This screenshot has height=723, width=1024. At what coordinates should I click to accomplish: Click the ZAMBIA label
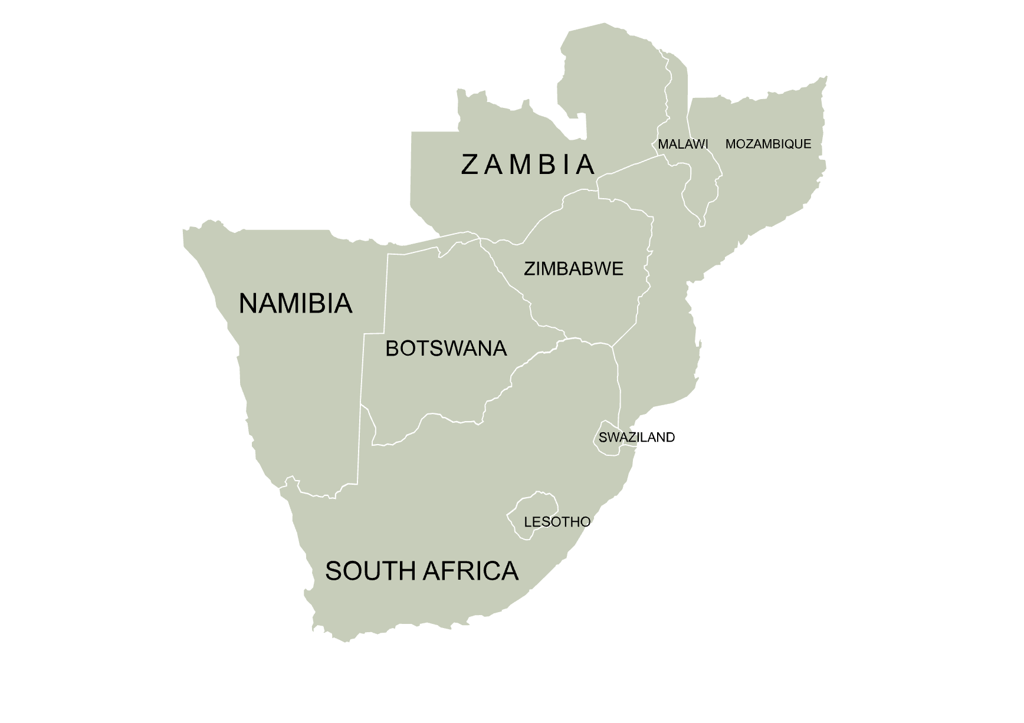click(527, 165)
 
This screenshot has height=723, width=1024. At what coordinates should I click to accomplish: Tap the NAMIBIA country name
click(296, 304)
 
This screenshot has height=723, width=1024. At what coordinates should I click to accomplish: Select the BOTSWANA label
click(446, 349)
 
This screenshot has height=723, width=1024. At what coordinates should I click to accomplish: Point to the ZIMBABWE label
click(573, 269)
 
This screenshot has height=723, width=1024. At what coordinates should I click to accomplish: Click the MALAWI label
click(682, 144)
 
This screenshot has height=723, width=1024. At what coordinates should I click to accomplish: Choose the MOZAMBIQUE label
click(768, 144)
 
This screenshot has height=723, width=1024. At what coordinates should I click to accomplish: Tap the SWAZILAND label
click(636, 438)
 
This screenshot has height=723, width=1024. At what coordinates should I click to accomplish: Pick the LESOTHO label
click(557, 522)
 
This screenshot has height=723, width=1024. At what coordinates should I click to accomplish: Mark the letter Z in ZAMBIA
click(469, 165)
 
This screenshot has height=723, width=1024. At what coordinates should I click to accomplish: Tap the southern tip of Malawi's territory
click(702, 223)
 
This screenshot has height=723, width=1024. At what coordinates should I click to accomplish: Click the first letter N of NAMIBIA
click(248, 304)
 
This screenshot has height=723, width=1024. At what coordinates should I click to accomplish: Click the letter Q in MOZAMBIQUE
click(787, 144)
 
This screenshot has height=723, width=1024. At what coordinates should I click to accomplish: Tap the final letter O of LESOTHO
click(585, 522)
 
